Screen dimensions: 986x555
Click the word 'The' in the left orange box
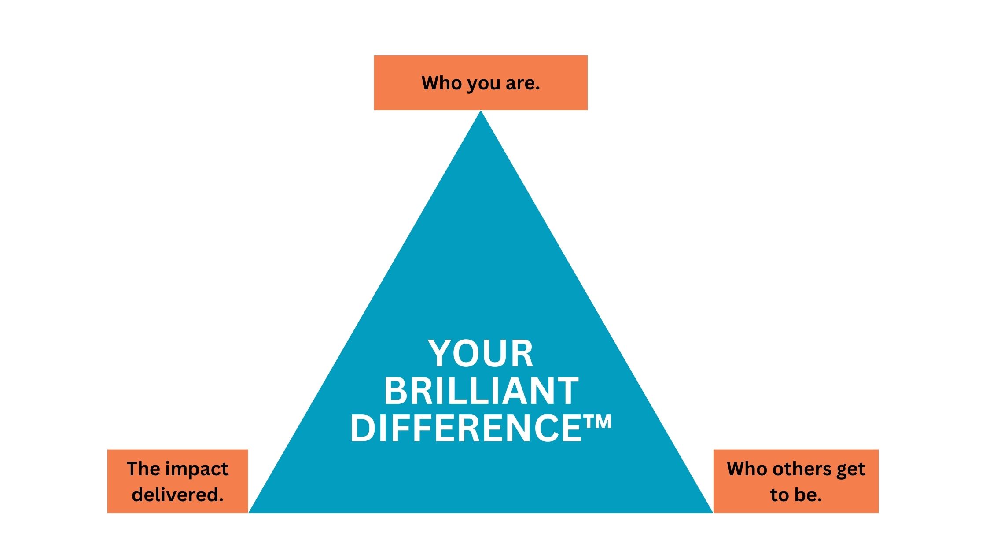[x=141, y=469]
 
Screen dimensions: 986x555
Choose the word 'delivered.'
[x=178, y=495]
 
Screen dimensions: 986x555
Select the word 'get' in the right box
[x=851, y=470]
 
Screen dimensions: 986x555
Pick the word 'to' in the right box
[x=779, y=495]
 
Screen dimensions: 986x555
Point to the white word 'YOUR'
[x=481, y=353]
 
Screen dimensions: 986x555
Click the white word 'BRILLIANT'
[x=481, y=391]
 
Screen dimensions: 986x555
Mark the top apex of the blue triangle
[x=481, y=111]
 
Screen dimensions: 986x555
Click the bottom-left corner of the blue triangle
[x=249, y=513]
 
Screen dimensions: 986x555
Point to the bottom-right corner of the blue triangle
[x=713, y=513]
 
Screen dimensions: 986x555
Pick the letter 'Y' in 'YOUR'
[x=441, y=353]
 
